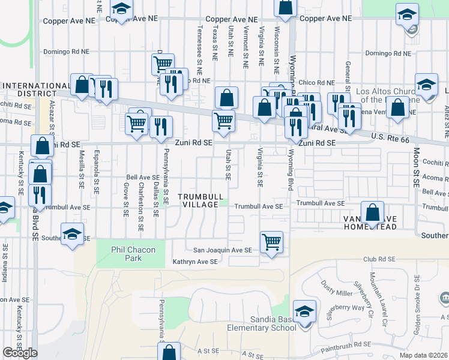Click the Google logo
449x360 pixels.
20,353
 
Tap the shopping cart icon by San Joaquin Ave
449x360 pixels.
272,242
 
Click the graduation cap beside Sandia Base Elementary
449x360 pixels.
305,311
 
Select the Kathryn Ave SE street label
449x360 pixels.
194,262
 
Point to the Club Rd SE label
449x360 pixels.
379,259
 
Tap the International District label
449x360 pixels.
35,89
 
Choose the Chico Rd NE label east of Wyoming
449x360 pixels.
316,82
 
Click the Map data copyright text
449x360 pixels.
424,355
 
